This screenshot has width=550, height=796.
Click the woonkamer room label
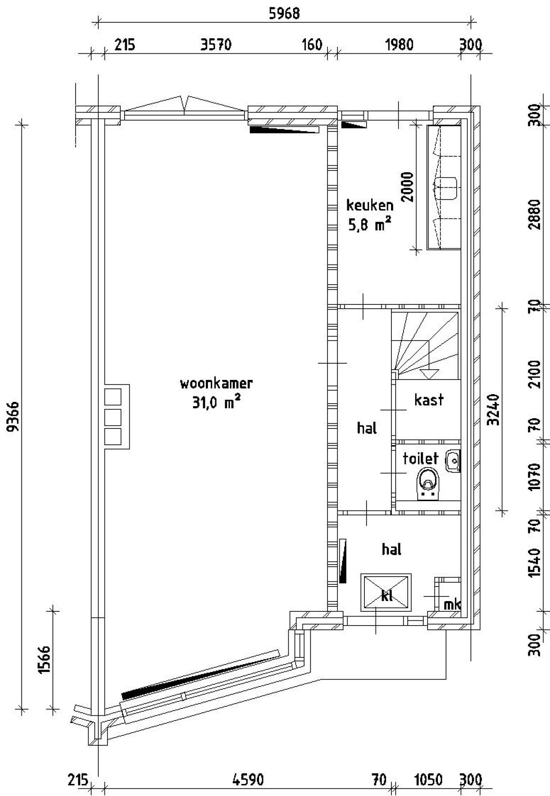click(x=216, y=383)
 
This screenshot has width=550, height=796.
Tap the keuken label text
click(x=370, y=205)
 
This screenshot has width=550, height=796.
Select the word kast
click(x=429, y=400)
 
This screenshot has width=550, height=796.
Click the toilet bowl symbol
click(x=428, y=483)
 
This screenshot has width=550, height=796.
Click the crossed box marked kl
click(x=386, y=592)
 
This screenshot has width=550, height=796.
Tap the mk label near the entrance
click(x=452, y=605)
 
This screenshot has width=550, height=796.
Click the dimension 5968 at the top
click(x=284, y=14)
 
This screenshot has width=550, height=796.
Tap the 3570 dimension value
click(x=216, y=45)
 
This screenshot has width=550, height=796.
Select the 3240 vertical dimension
click(x=495, y=409)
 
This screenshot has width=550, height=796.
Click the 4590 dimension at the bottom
click(x=248, y=779)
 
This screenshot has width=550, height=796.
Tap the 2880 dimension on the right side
click(x=535, y=215)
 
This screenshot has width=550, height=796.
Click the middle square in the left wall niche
click(x=113, y=417)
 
